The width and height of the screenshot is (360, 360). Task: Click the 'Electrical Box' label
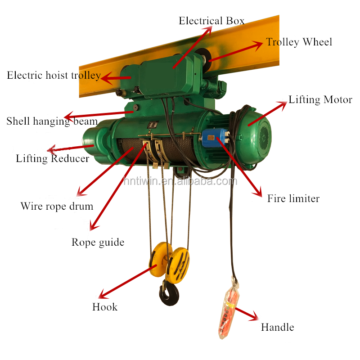[211, 21]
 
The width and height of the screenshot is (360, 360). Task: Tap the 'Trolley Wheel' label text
[299, 42]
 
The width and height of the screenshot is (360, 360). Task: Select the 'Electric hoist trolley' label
[54, 75]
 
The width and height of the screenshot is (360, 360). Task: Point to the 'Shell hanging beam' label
[52, 121]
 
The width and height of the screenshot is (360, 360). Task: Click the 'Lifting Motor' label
[320, 99]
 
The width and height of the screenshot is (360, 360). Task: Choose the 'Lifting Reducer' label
[52, 158]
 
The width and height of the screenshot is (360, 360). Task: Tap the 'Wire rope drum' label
[57, 207]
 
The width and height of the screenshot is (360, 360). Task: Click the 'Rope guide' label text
[98, 242]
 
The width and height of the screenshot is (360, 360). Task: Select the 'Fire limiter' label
[293, 198]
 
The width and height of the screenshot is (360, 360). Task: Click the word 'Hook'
[105, 307]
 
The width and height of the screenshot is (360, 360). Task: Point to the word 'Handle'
[277, 327]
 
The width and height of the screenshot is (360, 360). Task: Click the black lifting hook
[169, 295]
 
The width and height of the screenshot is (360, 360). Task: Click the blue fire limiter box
[215, 137]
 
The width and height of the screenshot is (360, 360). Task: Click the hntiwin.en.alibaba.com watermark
[180, 181]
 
